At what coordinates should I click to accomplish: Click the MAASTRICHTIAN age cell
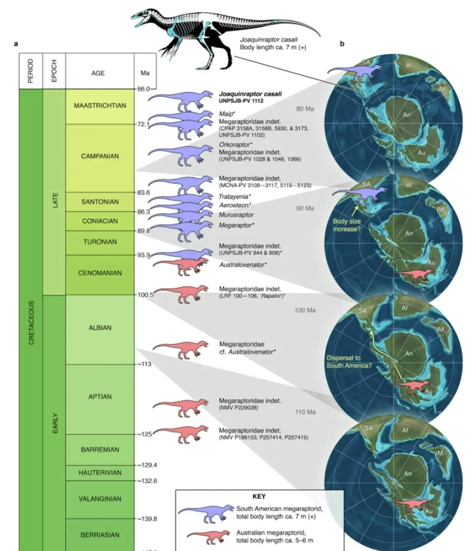100,105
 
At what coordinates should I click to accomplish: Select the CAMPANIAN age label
100,156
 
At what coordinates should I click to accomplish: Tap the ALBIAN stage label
100,328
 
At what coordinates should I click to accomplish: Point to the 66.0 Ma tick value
144,89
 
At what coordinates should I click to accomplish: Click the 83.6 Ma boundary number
144,192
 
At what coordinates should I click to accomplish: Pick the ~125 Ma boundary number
145,434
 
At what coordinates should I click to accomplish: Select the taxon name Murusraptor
236,215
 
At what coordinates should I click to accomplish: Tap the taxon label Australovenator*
242,265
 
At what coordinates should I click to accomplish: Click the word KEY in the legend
259,496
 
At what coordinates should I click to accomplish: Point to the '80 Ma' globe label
305,109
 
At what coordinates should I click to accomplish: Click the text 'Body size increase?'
347,225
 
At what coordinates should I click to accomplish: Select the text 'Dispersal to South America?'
349,362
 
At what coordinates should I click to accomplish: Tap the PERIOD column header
31,71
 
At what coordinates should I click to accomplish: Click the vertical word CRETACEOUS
31,323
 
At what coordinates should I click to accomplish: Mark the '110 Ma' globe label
305,412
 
